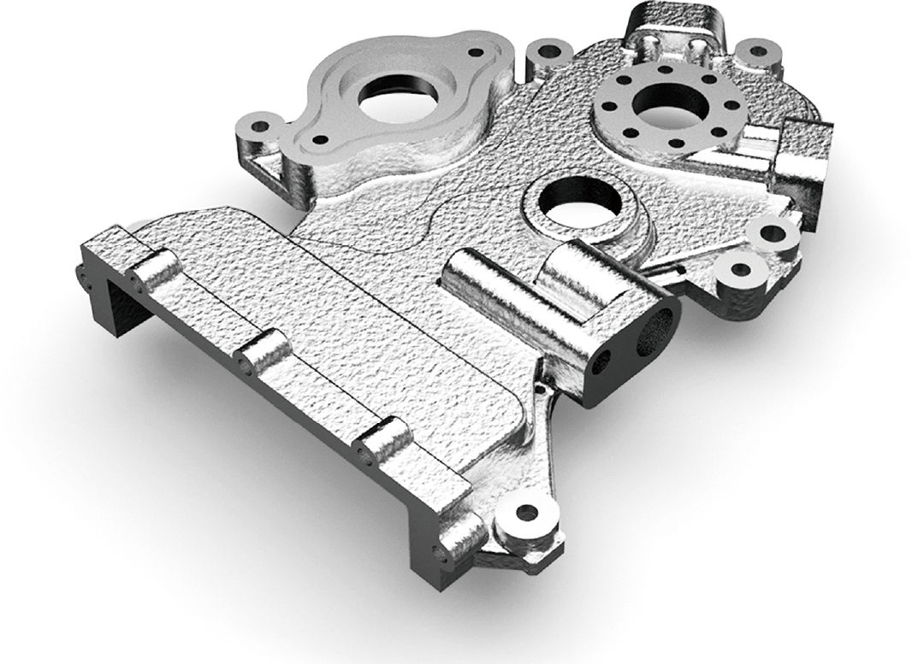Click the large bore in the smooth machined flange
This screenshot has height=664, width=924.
tap(397, 103)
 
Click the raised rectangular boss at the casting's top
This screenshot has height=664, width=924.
tap(671, 26)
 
